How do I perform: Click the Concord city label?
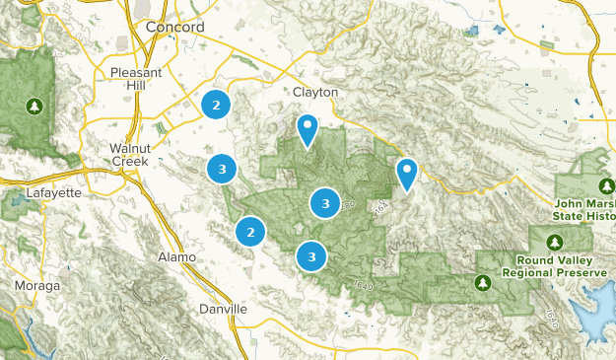click(x=174, y=28)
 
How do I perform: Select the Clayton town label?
click(x=315, y=92)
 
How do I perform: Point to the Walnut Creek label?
click(x=128, y=153)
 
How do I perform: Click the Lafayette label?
click(x=53, y=192)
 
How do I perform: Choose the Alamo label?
click(x=177, y=256)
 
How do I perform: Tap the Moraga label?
click(x=36, y=285)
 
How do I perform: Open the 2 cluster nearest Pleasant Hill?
click(x=216, y=104)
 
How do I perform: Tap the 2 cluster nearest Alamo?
click(x=251, y=232)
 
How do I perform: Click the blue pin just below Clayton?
click(x=308, y=129)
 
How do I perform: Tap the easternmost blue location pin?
click(x=406, y=173)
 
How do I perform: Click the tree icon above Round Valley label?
click(x=555, y=242)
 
